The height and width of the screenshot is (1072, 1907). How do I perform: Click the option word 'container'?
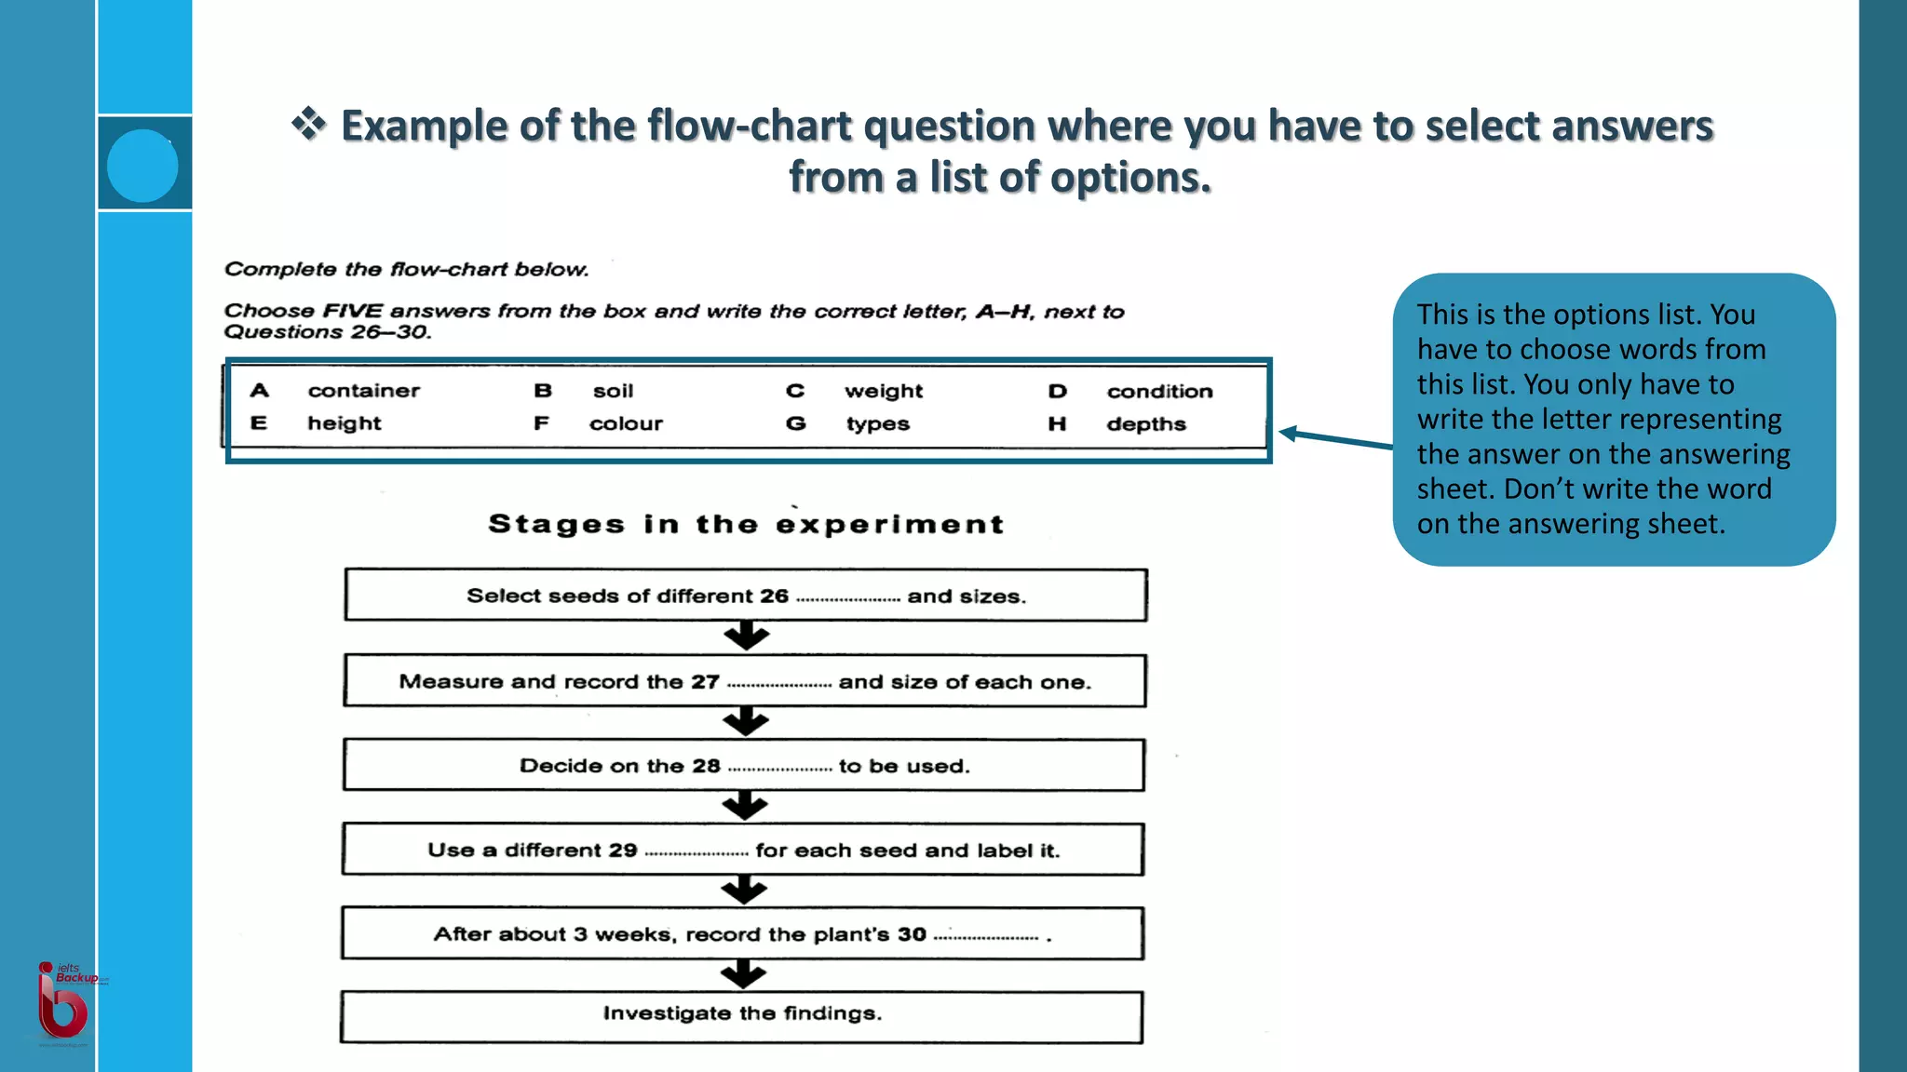coord(363,391)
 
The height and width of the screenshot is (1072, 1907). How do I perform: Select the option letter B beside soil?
coord(543,391)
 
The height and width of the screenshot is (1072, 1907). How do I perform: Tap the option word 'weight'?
coord(883,392)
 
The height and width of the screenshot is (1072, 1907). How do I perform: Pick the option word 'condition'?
coord(1159,392)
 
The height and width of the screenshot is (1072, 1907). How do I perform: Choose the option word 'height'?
coord(344,423)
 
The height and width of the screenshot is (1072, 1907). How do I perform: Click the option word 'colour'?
coord(626,424)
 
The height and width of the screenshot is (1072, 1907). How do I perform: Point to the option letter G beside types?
coord(795,424)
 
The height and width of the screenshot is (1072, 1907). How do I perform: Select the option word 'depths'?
coord(1145,424)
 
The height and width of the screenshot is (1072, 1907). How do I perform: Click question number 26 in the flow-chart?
coord(774,596)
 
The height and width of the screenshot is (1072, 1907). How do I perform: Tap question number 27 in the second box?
coord(705,682)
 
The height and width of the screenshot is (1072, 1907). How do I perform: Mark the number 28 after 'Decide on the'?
coord(706,766)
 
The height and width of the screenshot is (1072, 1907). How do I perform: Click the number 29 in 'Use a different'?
coord(623,851)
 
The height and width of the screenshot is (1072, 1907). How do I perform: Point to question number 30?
coord(912,934)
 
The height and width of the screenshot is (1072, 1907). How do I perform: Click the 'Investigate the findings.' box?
coord(741,1017)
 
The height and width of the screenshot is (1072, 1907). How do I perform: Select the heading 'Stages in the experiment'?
coord(746,525)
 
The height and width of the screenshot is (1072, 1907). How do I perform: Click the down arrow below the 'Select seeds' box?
coord(746,637)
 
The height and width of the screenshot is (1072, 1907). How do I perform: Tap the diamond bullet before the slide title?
coord(308,124)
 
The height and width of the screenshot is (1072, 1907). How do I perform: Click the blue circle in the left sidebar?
coord(142,166)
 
